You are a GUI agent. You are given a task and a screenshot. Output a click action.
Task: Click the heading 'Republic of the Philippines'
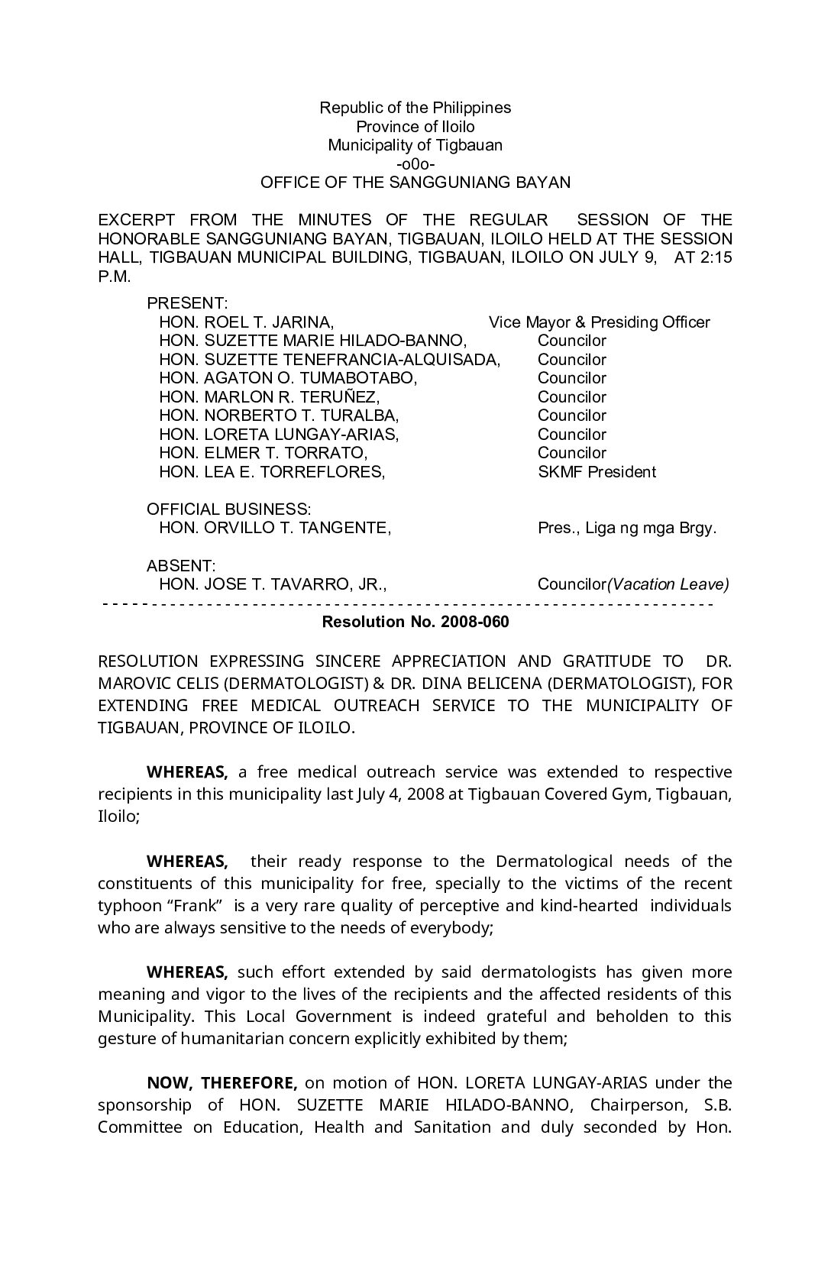[x=415, y=108]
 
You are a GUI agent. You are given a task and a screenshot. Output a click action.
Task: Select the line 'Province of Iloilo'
[x=415, y=127]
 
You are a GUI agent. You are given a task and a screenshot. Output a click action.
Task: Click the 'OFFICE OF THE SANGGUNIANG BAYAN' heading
[x=415, y=183]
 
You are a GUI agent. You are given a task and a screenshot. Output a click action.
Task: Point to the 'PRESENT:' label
[x=187, y=303]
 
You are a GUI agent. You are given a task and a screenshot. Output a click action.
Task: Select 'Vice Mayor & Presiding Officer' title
[x=599, y=322]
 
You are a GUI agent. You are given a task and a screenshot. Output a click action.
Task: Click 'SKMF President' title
[x=597, y=472]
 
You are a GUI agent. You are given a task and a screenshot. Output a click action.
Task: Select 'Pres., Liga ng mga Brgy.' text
[x=627, y=528]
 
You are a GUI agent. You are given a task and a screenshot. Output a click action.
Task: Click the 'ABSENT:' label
[x=181, y=566]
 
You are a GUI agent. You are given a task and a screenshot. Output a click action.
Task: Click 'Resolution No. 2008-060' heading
[x=415, y=622]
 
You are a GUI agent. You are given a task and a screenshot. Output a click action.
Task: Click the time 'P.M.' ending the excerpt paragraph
[x=115, y=276]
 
